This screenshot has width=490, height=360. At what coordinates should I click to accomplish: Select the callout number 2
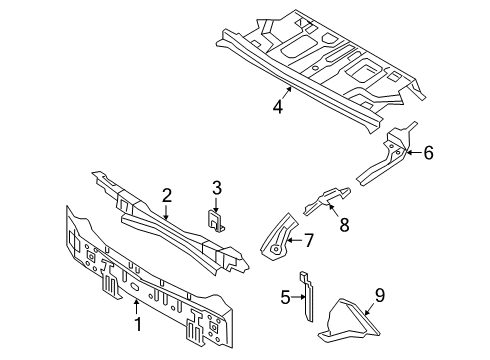pos(168,196)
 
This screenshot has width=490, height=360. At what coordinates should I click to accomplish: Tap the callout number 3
pos(215,187)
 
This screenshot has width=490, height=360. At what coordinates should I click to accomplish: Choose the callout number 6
pos(428,152)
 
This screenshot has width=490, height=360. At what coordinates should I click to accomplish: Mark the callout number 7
pos(309,239)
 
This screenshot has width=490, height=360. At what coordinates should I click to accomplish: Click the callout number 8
pos(343,227)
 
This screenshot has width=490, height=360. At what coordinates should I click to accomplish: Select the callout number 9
pos(379,295)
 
